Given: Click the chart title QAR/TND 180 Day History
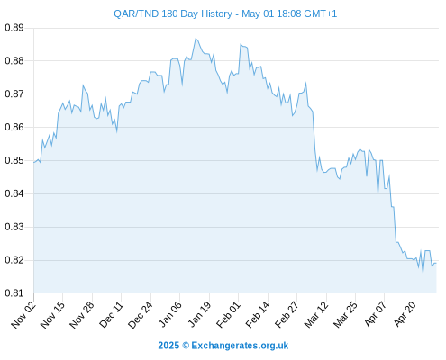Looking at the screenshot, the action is coord(173,13).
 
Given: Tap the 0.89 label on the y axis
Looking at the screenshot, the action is coord(14,28).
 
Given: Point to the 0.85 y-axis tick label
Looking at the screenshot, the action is coord(14,160).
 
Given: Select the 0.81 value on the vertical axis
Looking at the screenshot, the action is coord(14,293).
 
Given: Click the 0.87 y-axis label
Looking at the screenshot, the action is coord(14,94).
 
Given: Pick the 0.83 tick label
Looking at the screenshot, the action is coord(14,227).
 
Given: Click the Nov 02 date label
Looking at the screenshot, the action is coord(23,314).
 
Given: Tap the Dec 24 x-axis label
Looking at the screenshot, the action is coord(141,314).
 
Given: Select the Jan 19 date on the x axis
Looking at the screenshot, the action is coord(199,314).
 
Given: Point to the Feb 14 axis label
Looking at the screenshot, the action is coord(258,314).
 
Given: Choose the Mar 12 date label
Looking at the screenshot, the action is coord(316,314).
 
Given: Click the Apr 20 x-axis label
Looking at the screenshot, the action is coord(405,313).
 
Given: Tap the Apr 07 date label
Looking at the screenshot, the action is coord(376,313).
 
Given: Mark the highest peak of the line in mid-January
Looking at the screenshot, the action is coord(196,39).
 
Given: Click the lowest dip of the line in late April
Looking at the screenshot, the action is coord(423,274).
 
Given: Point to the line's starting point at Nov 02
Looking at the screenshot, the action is coord(34,163).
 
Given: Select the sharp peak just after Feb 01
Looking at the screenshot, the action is coord(241,44).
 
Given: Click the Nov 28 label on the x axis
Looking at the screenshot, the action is coord(82,314).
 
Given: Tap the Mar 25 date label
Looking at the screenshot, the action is coord(345,314).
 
